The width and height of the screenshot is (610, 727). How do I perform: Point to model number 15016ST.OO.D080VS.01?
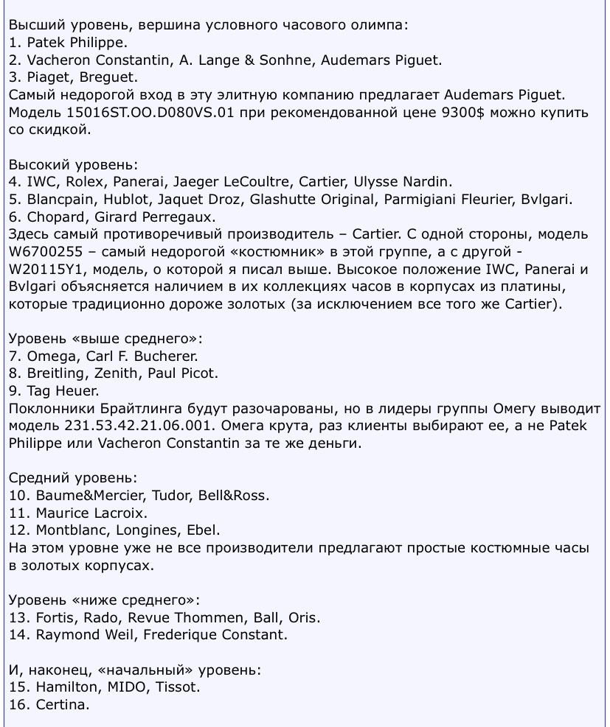[156, 113]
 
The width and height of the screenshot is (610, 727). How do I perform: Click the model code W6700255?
[48, 252]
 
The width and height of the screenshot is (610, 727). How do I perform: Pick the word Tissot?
[179, 686]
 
